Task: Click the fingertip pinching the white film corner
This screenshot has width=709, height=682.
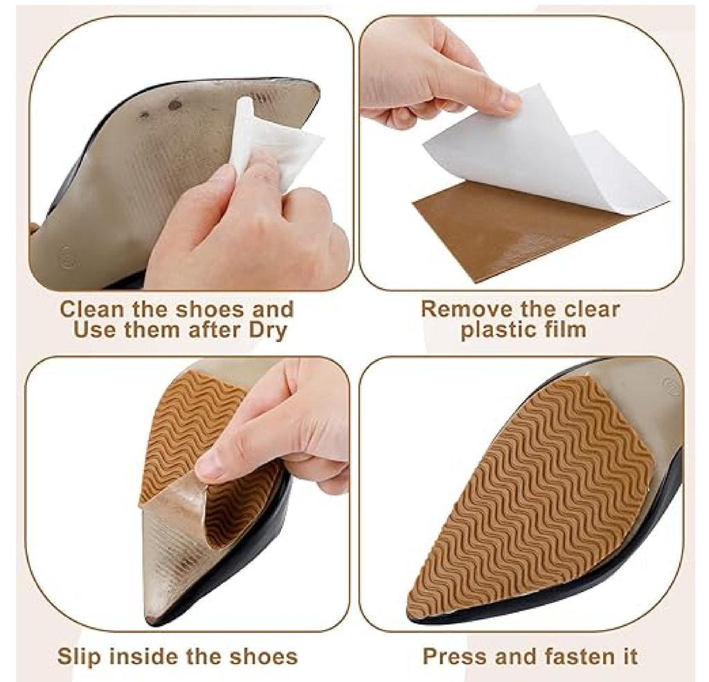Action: pyautogui.click(x=505, y=101)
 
